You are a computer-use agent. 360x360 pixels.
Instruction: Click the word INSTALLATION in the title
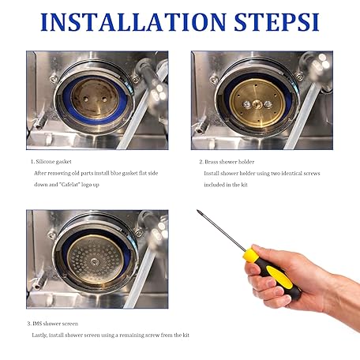[133, 22]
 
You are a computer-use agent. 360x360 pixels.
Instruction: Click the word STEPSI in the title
[276, 22]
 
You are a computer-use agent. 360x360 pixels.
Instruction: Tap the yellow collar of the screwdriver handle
[250, 255]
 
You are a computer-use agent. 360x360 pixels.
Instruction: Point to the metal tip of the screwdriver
[198, 211]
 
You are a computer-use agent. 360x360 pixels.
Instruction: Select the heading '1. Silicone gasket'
[51, 162]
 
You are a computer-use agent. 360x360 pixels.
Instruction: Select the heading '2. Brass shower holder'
[227, 162]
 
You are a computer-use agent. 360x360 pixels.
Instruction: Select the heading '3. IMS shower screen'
[53, 324]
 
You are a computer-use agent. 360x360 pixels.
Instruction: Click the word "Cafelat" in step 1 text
[70, 185]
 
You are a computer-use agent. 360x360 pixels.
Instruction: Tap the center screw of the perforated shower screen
[94, 261]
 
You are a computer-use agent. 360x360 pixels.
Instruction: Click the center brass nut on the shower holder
[257, 104]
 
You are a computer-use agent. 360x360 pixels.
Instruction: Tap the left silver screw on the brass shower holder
[246, 105]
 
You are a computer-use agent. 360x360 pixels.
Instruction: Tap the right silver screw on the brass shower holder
[268, 104]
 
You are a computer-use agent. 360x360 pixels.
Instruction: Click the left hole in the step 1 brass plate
[85, 99]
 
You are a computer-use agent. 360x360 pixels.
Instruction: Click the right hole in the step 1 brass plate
[104, 99]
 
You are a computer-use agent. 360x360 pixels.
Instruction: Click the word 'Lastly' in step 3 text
[39, 335]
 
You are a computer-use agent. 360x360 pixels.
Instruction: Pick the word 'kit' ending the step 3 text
[186, 335]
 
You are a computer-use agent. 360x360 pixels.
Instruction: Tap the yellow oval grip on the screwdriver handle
[279, 276]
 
